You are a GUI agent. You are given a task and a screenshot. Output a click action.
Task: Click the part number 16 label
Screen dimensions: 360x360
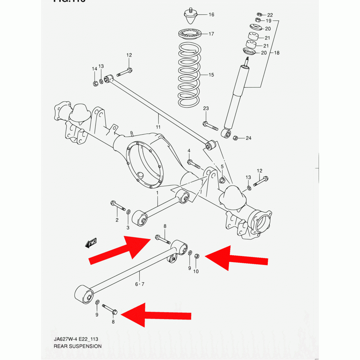(x=211, y=15)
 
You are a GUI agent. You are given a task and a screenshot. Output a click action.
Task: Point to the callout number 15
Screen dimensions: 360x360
(x=211, y=75)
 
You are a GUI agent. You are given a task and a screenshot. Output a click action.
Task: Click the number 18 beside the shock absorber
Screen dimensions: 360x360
(x=276, y=53)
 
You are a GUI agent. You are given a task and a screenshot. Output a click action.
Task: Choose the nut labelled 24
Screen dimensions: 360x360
(x=235, y=138)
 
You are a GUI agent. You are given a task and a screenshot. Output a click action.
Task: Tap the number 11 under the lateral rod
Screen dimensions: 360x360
(x=158, y=127)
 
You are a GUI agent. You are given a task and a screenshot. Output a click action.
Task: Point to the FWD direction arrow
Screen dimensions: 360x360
(x=91, y=243)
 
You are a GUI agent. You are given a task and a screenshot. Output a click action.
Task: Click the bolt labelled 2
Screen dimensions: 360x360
(x=118, y=206)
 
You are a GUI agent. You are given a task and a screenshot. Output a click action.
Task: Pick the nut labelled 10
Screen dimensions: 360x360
(x=197, y=256)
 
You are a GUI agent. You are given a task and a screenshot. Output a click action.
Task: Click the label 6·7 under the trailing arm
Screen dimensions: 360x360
(x=140, y=284)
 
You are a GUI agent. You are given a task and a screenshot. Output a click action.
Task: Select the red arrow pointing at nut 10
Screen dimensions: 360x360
(x=237, y=257)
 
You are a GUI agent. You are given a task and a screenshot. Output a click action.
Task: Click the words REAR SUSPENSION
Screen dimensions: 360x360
(x=77, y=346)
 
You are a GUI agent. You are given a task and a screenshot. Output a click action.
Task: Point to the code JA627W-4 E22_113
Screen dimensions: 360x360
(x=76, y=339)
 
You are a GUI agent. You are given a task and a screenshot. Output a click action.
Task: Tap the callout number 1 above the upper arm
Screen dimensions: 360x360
(x=157, y=193)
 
